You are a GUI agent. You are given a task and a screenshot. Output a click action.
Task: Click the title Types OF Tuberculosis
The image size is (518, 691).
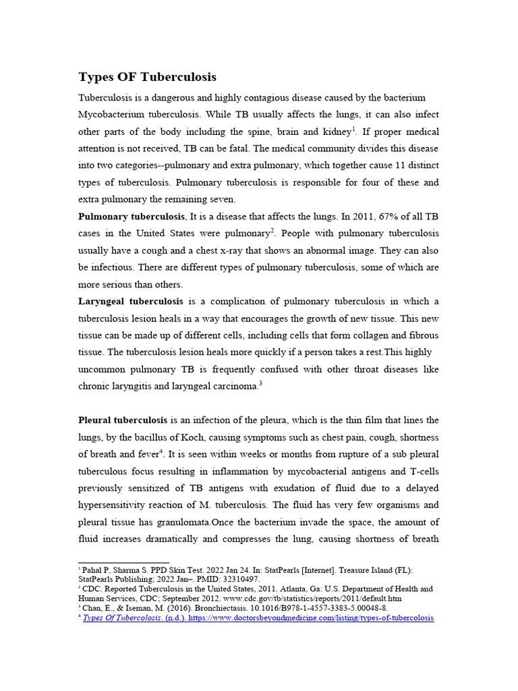(147, 76)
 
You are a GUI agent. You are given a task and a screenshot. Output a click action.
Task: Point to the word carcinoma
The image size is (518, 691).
(235, 387)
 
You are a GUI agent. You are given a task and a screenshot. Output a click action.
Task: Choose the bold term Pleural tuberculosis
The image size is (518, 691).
(123, 420)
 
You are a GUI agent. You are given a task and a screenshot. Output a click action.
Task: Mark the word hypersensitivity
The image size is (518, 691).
(117, 505)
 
